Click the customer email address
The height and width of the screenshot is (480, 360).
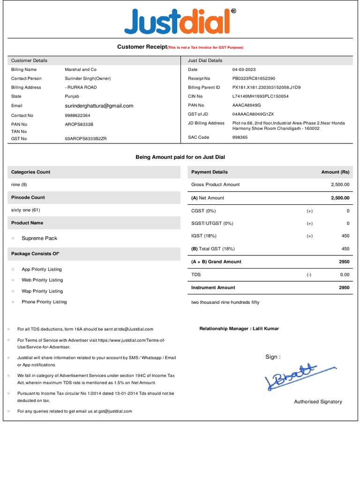[x=99, y=106]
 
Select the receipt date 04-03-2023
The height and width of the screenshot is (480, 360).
[x=245, y=69]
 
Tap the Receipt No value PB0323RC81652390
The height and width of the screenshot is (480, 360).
[x=254, y=78]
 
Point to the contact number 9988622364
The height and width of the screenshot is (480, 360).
[x=78, y=115]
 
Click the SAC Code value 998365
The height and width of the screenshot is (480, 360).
[x=240, y=137]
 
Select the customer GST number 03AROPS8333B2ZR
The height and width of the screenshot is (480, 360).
[x=86, y=139]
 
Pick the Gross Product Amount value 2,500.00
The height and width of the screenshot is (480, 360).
[x=340, y=185]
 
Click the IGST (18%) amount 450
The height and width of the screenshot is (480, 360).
[x=345, y=236]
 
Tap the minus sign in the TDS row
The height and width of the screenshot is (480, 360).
[x=309, y=275]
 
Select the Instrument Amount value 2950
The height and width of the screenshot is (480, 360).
[x=344, y=287]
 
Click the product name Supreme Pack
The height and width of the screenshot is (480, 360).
[x=39, y=238]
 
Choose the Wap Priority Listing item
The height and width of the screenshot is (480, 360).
[x=42, y=291]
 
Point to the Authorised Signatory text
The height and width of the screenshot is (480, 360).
[x=318, y=402]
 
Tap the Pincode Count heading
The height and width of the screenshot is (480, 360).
[x=28, y=197]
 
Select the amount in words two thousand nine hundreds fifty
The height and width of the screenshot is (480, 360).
[x=225, y=302]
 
